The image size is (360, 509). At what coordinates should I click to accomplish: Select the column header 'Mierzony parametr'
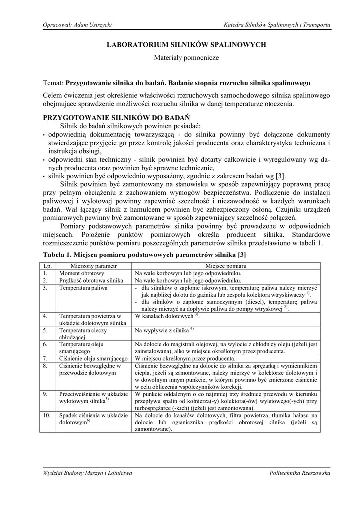pos(93,266)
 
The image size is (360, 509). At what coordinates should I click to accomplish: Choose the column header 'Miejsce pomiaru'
pos(226,266)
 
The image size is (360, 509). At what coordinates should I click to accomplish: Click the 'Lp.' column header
pos(48,266)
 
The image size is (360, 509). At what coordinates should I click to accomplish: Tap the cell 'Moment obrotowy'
pos(82,273)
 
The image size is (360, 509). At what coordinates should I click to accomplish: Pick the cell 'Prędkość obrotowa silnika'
pos(91,280)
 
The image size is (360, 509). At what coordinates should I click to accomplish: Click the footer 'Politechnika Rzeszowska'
pos(300,474)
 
